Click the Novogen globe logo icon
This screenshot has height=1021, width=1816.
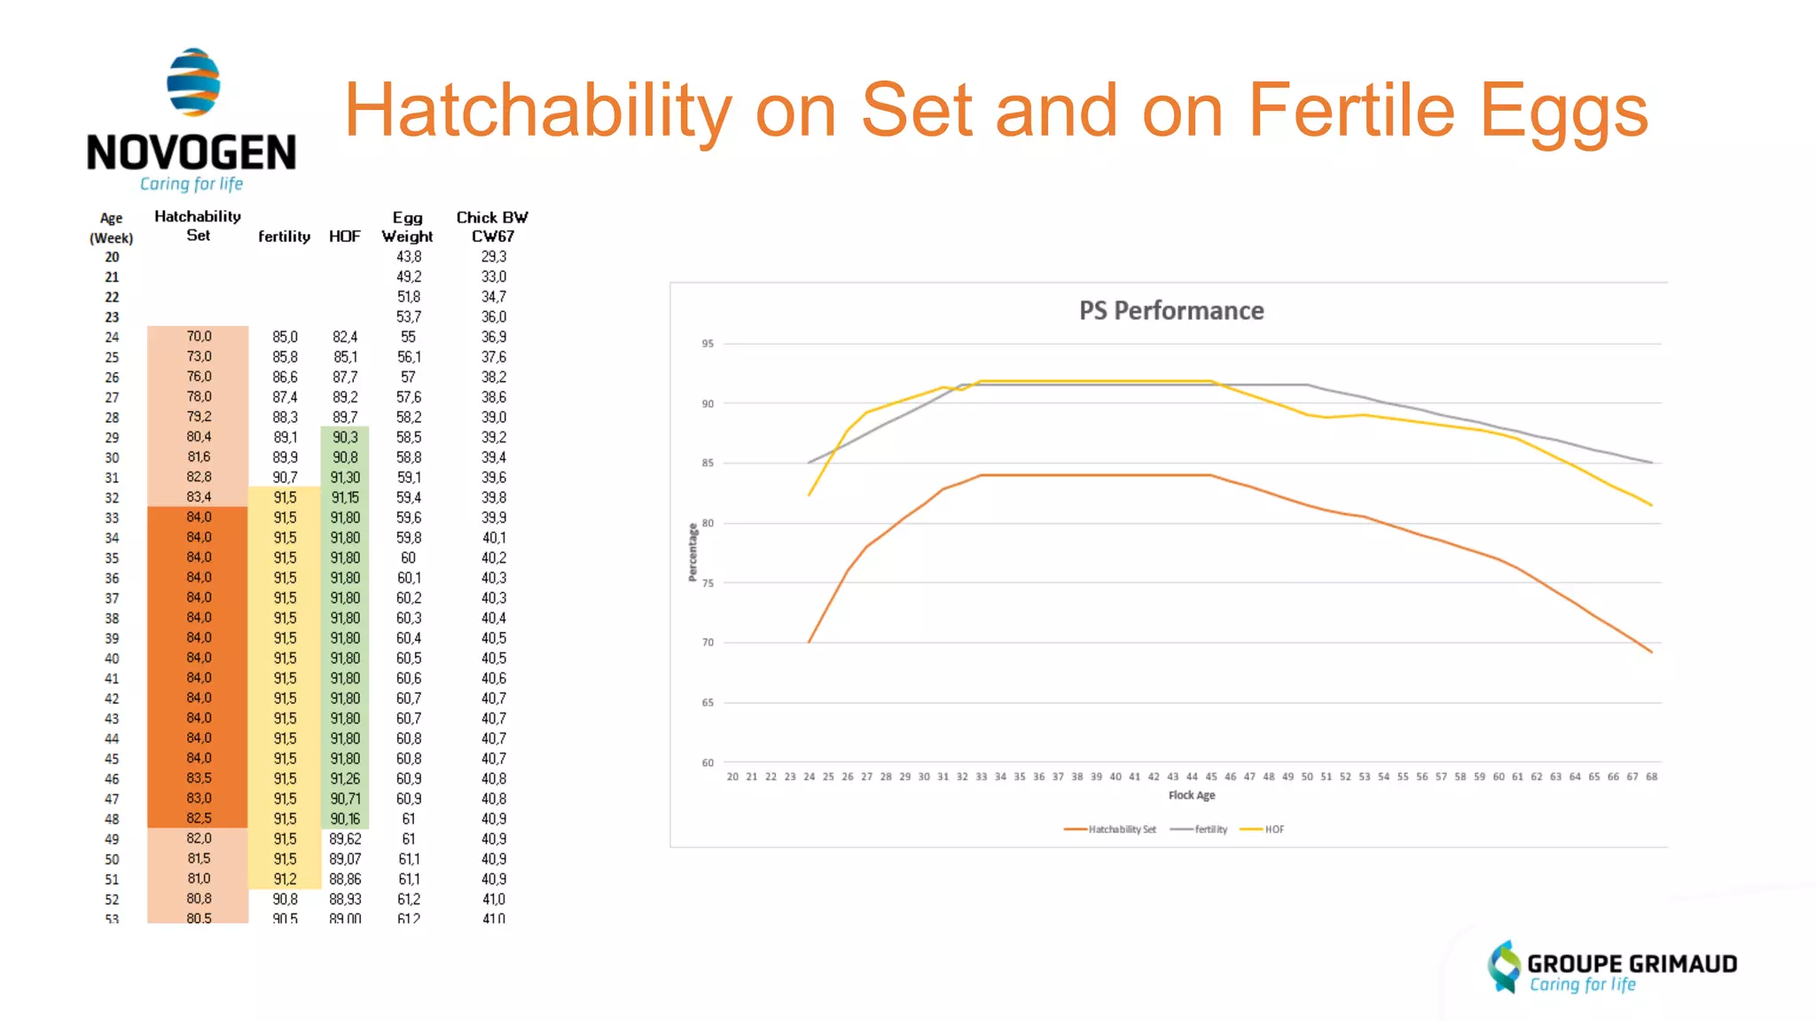[193, 82]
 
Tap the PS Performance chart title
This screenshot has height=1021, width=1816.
[1170, 311]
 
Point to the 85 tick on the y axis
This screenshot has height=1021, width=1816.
[708, 463]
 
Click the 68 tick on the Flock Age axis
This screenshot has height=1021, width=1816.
[1651, 776]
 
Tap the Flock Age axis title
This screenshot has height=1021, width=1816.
[1191, 795]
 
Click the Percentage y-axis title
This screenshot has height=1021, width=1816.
[693, 552]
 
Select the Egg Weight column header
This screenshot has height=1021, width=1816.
[407, 227]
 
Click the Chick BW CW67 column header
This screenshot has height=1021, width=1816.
[492, 227]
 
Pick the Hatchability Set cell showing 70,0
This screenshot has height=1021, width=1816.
[199, 337]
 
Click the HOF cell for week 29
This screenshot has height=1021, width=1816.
[345, 437]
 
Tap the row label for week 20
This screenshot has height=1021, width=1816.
[112, 257]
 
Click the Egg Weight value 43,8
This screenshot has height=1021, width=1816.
[409, 257]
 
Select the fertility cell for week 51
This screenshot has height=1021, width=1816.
[285, 879]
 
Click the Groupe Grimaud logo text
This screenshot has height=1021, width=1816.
[1631, 964]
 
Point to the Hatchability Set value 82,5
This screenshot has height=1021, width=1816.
[199, 819]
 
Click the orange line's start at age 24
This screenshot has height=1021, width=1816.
[810, 642]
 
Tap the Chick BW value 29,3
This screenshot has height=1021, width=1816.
[494, 257]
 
